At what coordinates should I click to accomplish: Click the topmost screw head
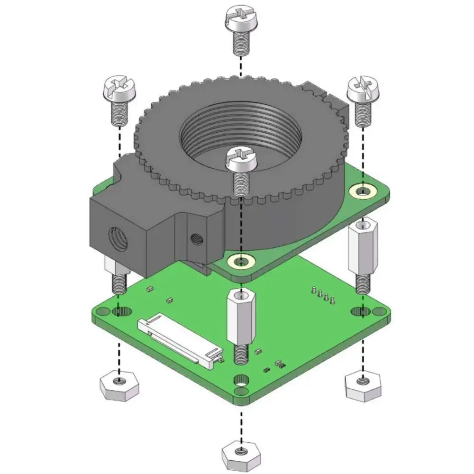tap(240, 18)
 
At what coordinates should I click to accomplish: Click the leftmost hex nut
tap(119, 384)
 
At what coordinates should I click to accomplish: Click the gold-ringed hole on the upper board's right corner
tap(363, 191)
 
